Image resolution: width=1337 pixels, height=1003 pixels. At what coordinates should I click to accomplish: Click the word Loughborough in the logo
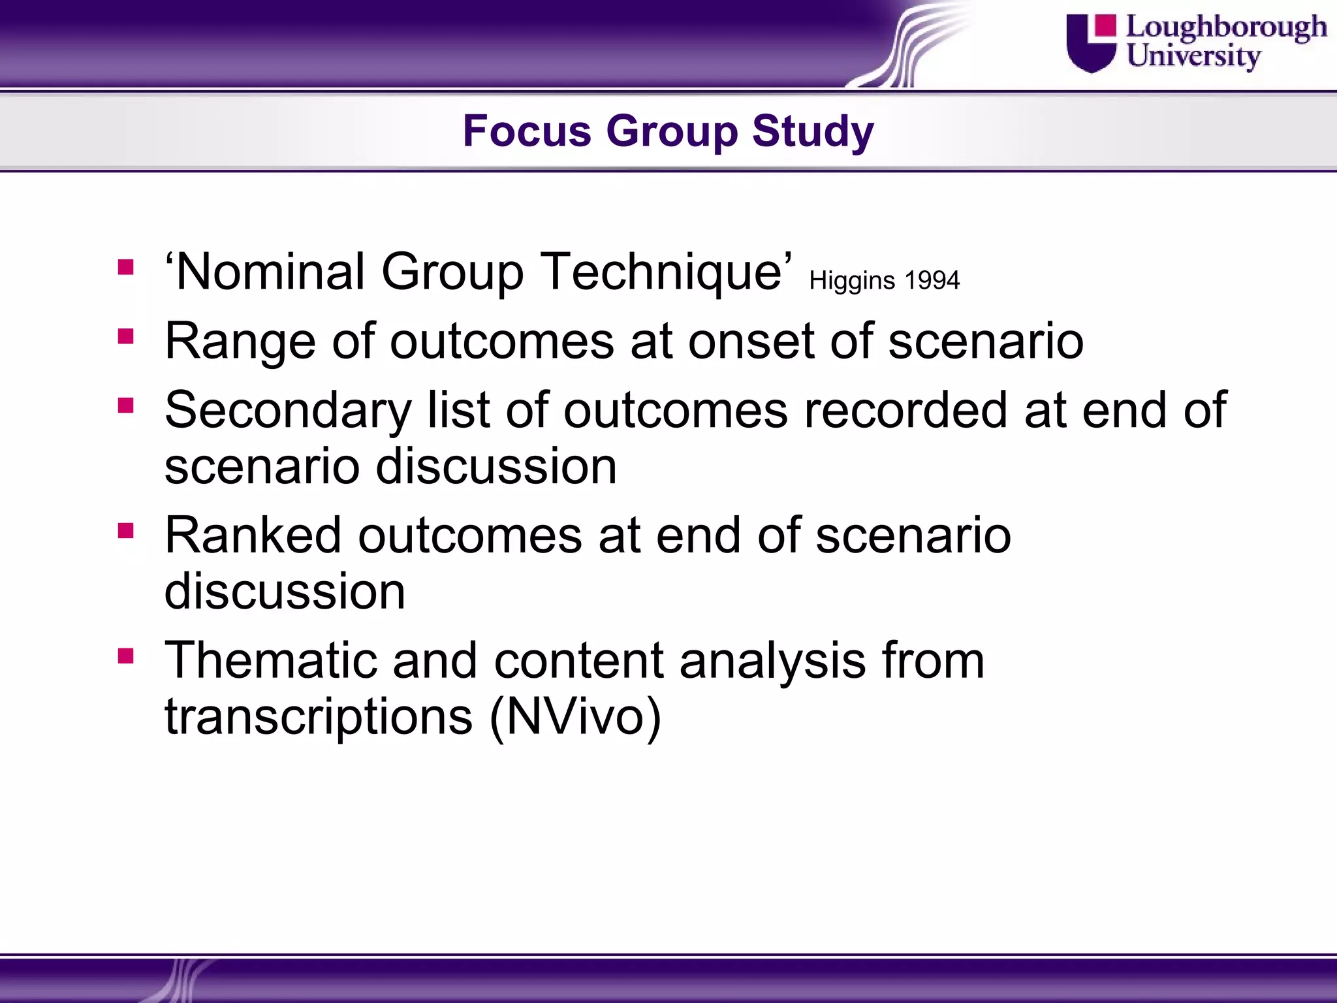click(x=1226, y=27)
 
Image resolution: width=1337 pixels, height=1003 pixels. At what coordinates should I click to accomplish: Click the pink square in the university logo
click(x=1105, y=26)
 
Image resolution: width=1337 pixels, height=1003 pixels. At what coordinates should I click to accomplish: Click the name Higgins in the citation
click(x=852, y=281)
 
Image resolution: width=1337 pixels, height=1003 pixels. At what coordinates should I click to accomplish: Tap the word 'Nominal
click(x=265, y=272)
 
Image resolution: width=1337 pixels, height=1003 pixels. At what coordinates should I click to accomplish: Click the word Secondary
click(x=288, y=410)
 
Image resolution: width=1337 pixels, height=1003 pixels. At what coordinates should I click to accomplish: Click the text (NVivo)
click(x=575, y=716)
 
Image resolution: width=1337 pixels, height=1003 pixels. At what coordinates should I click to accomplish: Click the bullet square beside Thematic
click(x=126, y=655)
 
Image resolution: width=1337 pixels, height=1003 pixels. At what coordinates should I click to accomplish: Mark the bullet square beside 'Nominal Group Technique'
click(x=126, y=267)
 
